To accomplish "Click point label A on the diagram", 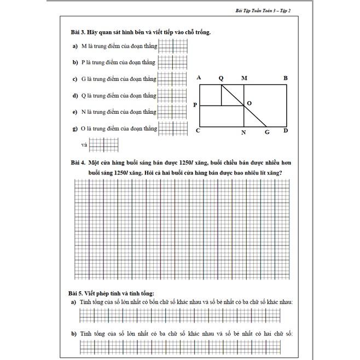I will click(199, 78).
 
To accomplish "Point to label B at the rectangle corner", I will click(285, 78).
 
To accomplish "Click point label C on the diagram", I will click(198, 131).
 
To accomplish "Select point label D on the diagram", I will click(286, 131).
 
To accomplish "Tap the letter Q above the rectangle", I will click(221, 78).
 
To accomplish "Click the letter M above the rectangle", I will click(243, 78).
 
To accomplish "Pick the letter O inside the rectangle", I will click(249, 103).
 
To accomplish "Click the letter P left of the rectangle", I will click(195, 104).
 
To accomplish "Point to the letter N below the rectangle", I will click(243, 132).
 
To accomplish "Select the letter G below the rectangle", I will click(267, 132).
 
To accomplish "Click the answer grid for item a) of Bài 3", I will click(172, 46).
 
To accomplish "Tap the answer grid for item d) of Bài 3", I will click(172, 96).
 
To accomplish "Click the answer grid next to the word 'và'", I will click(103, 145).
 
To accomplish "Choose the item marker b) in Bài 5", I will click(74, 333).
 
